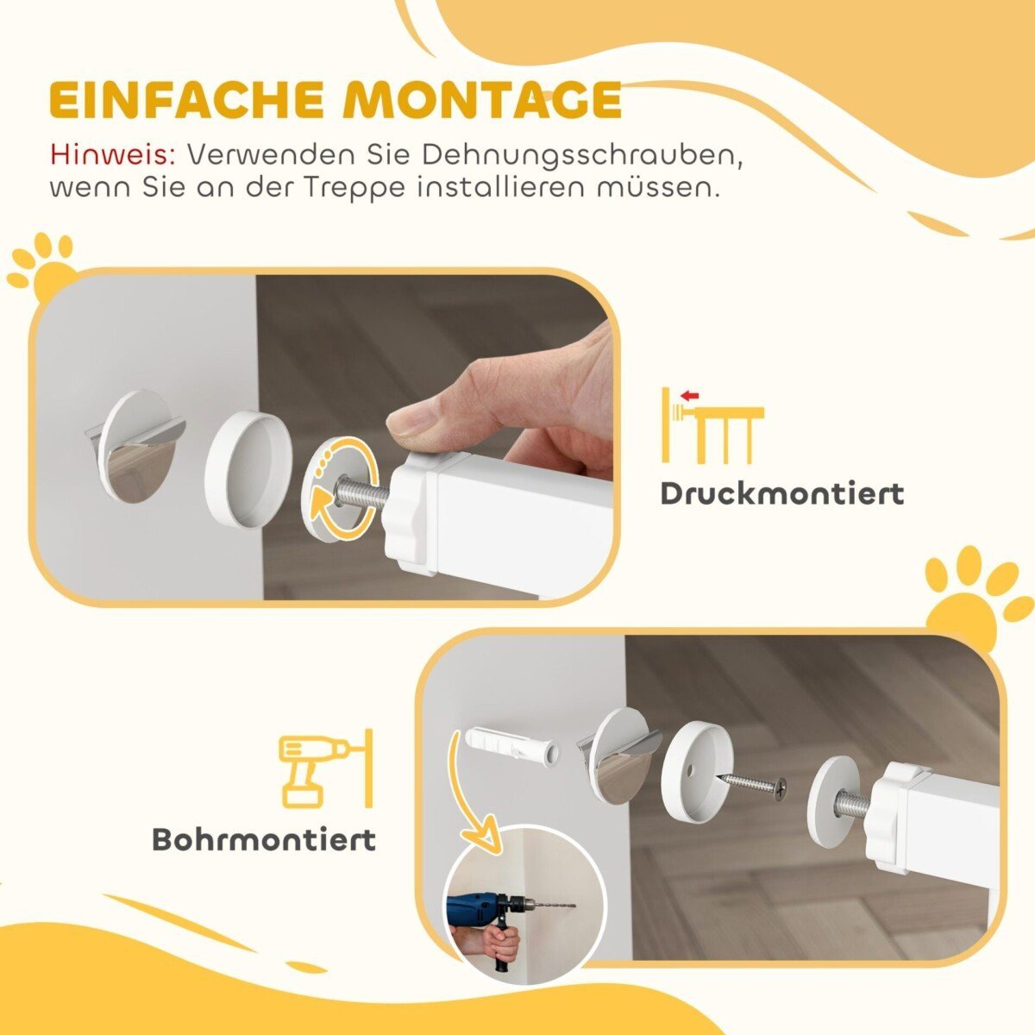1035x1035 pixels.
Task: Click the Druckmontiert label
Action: (x=781, y=494)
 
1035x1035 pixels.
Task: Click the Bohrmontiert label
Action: (x=264, y=839)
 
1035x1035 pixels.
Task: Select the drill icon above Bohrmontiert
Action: (x=324, y=769)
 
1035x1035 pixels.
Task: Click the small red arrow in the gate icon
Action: (x=688, y=396)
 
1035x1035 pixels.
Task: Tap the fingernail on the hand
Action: (x=411, y=421)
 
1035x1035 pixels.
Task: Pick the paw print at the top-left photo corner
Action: (x=41, y=263)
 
